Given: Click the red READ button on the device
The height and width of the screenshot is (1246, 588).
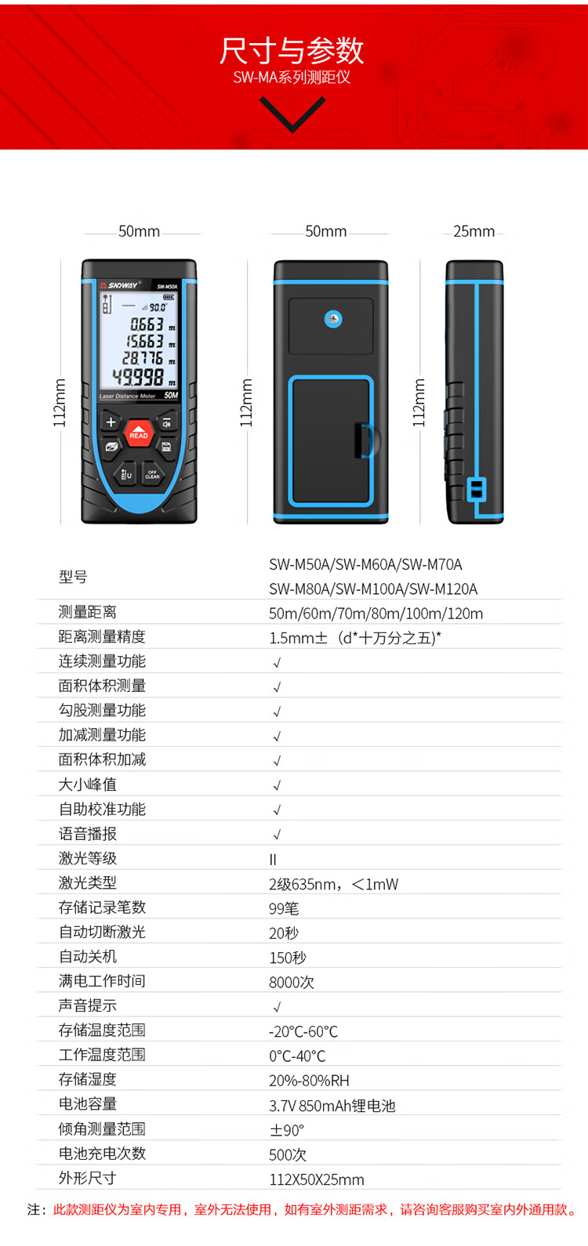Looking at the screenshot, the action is (x=139, y=433).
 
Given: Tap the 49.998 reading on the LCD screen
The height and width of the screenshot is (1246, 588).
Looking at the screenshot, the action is (x=138, y=378).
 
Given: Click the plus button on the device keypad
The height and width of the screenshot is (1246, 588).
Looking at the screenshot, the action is (x=111, y=422).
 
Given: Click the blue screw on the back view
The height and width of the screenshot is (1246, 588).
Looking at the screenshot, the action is (x=333, y=319).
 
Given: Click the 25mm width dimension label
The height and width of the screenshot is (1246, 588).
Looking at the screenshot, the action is (x=474, y=231).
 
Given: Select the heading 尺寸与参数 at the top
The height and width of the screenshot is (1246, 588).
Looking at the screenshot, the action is (x=292, y=50).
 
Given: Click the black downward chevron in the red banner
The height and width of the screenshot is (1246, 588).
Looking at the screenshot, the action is (x=292, y=114).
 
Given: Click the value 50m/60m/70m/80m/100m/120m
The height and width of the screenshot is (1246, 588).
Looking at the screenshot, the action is (x=376, y=614).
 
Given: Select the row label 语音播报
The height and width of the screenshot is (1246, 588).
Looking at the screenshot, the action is (x=87, y=834).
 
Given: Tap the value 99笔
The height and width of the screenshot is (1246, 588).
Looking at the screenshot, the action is (x=284, y=908).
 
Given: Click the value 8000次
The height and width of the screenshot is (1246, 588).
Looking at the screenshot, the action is (x=291, y=982).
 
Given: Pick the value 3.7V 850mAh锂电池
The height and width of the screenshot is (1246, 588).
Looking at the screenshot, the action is (x=332, y=1106).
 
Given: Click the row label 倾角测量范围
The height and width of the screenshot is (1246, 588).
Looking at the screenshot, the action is (x=102, y=1129).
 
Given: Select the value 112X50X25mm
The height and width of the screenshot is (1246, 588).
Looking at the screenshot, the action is (x=317, y=1179).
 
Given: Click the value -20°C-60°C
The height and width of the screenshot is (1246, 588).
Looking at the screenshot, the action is (x=303, y=1031).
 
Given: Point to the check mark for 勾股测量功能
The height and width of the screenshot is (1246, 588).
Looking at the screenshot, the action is (x=277, y=712).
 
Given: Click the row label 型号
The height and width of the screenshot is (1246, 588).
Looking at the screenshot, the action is (x=73, y=577).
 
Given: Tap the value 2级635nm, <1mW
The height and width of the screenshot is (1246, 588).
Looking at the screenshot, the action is (x=333, y=884).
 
